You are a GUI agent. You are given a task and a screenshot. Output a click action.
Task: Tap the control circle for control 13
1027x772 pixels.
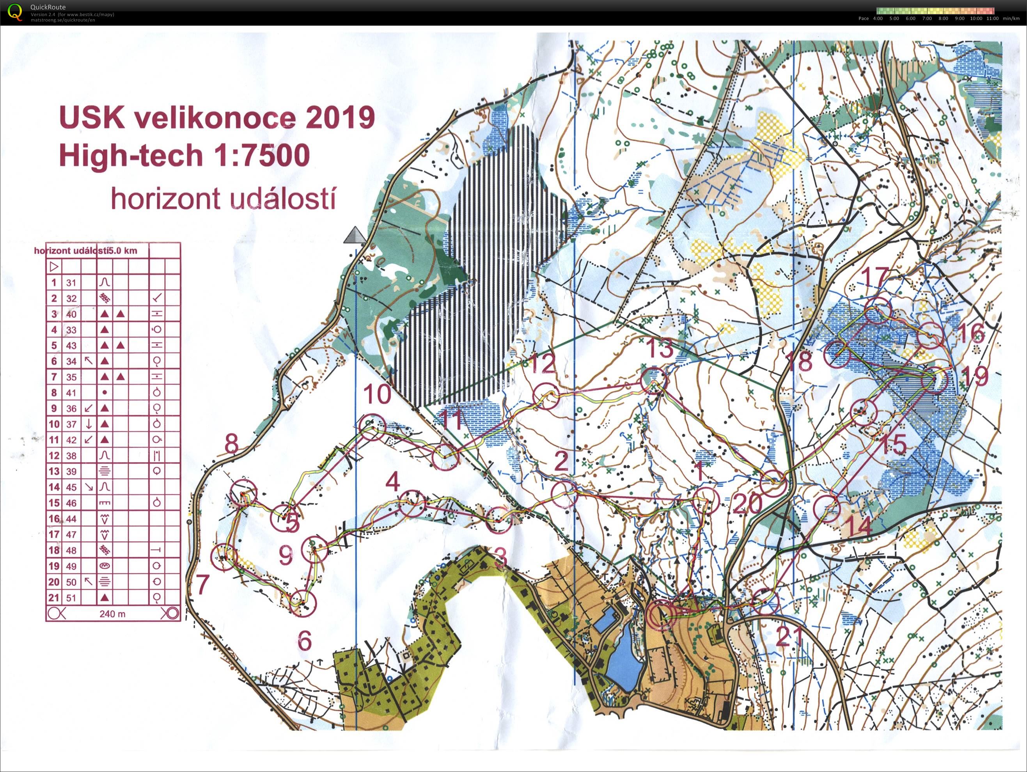click(x=653, y=381)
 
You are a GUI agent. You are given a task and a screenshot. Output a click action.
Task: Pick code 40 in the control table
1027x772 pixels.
click(x=71, y=314)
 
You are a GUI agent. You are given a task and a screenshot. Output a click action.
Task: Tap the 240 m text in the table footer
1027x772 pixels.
click(x=112, y=614)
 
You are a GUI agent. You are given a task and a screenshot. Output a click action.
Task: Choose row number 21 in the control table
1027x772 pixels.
click(x=54, y=598)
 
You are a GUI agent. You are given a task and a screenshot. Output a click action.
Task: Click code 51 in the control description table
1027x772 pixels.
click(x=71, y=598)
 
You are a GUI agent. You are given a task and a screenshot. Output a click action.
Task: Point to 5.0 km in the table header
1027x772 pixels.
click(x=124, y=251)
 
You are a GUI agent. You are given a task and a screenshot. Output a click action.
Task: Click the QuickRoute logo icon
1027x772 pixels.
click(x=15, y=12)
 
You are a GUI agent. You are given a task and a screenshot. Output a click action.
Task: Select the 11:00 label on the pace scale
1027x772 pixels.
click(x=992, y=19)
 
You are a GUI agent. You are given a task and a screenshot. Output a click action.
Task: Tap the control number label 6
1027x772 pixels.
click(x=304, y=641)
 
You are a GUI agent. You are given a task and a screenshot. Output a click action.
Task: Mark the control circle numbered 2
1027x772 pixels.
click(x=564, y=494)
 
